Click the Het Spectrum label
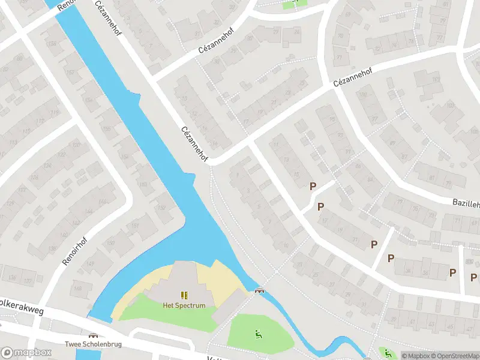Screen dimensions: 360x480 coord(184,305)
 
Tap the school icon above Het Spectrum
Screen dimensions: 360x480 coord(184,295)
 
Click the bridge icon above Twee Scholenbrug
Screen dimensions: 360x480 coord(93,336)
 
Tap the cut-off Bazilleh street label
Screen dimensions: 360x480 coord(466,204)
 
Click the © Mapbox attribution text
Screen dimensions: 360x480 coord(415,356)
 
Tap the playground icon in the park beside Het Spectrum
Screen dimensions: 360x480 coord(259,334)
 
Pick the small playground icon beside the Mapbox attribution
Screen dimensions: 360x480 coord(387,352)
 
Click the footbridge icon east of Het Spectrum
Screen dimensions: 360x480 coord(259,291)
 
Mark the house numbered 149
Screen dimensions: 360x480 coord(91,263)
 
